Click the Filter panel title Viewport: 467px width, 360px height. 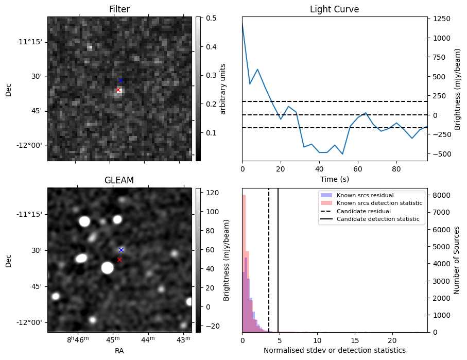coord(119,9)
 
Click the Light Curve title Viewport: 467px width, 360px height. coord(334,9)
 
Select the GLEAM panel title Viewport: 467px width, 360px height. coord(119,180)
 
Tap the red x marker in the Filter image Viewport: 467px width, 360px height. coord(118,90)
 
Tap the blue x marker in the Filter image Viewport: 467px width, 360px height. coord(120,80)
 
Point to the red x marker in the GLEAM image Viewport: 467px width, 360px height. coord(119,260)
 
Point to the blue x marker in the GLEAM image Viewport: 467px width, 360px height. coord(121,250)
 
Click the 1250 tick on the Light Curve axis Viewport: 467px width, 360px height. coord(442,19)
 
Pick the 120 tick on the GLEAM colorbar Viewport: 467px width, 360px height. coord(211,193)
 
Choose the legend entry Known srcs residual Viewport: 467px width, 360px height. coord(365,195)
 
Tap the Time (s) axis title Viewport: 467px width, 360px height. coord(334,178)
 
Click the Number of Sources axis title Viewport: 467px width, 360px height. coord(457,260)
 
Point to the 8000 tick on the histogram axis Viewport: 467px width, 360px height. coord(439,195)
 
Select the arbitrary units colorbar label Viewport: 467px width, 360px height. coord(223,89)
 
